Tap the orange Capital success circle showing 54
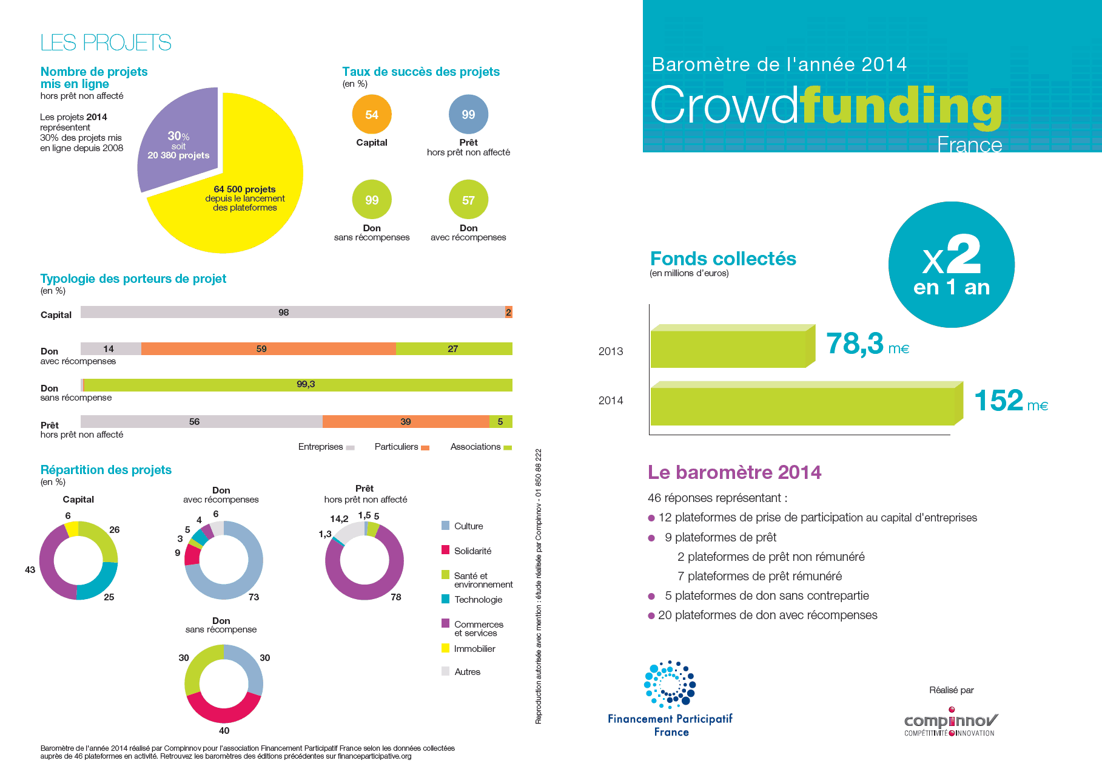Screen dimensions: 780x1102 (372, 114)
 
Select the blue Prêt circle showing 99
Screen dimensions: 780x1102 (468, 114)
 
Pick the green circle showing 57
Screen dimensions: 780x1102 (468, 200)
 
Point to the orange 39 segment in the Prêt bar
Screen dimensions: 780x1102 (406, 421)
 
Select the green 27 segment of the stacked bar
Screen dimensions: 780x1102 (454, 348)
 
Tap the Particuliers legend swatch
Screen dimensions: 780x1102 (425, 448)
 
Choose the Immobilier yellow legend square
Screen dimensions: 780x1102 (446, 648)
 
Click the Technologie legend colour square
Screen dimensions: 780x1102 (446, 599)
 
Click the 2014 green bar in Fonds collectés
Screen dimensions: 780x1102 (802, 405)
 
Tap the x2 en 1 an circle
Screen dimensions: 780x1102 (951, 265)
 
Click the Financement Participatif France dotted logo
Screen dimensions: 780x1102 (670, 685)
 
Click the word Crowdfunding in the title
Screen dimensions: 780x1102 (826, 105)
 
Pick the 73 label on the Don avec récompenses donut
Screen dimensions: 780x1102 (254, 597)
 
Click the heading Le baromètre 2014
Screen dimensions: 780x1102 (734, 472)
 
